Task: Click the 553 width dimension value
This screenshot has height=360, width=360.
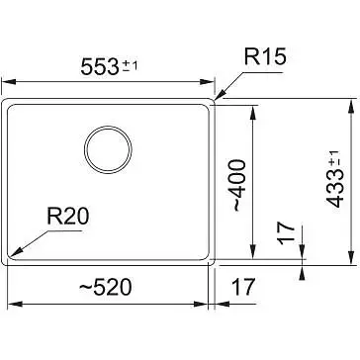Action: click(x=100, y=67)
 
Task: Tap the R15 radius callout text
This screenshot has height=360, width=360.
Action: click(x=265, y=56)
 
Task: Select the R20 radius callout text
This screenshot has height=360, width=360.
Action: click(x=68, y=217)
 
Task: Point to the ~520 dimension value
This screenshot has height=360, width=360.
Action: click(x=106, y=287)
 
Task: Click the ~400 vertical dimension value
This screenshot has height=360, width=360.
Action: click(x=239, y=185)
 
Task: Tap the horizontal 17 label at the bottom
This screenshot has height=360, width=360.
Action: click(x=243, y=287)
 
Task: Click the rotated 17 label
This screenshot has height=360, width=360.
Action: click(x=286, y=233)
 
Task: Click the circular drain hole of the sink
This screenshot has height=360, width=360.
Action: click(x=108, y=149)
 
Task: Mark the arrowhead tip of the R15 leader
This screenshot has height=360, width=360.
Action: click(x=215, y=99)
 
